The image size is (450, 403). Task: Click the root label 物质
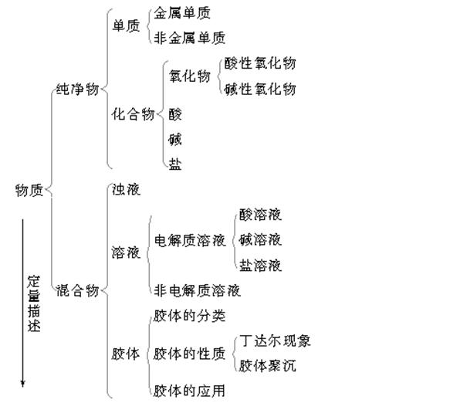point(29,190)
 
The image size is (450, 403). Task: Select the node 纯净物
point(77,89)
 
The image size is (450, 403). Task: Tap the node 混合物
point(77,290)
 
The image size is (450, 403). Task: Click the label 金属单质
point(182,13)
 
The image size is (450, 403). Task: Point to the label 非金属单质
point(189,38)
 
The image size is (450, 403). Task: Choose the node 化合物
point(134,114)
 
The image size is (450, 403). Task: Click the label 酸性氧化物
point(260,63)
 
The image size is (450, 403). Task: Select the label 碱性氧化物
point(260,89)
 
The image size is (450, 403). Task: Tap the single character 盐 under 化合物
point(175,164)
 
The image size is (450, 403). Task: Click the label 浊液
point(126,189)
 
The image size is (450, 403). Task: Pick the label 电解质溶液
point(190,240)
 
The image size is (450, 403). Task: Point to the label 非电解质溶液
point(197,290)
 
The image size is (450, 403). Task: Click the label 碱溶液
point(260,239)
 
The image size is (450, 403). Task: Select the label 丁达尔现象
point(276,340)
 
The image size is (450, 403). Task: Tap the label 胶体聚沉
point(268,366)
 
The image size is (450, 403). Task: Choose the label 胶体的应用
point(189,391)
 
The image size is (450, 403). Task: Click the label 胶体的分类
point(189,316)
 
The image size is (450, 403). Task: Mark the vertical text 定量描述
point(34,303)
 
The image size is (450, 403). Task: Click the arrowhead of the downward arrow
point(22,384)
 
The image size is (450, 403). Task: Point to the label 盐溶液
point(260,265)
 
